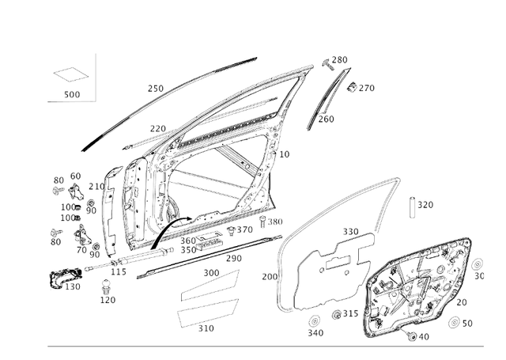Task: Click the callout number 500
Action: pos(72,95)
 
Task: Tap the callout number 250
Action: pos(156,89)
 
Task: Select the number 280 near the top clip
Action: pos(339,60)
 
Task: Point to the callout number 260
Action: pos(326,119)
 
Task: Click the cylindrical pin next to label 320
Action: pos(412,207)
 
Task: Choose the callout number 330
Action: pos(350,232)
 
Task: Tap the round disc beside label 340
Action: pos(312,321)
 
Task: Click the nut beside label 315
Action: pos(335,314)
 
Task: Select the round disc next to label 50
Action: pos(455,323)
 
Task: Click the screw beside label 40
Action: pos(411,336)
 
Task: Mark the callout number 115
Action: pos(119,271)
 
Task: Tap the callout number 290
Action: pos(234,259)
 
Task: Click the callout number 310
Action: pos(206,328)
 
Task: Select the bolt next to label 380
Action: pos(262,221)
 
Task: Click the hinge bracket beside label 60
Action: pos(77,191)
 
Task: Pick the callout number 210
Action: pos(96,187)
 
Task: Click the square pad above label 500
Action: pos(71,75)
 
